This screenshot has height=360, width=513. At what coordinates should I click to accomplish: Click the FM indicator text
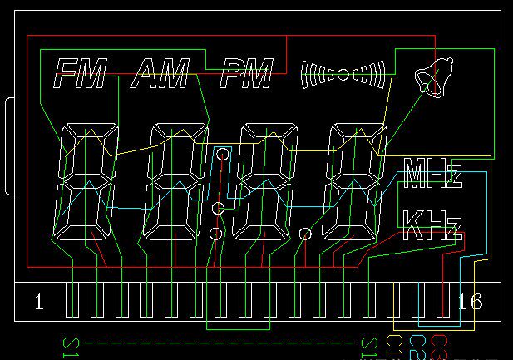tap(80, 75)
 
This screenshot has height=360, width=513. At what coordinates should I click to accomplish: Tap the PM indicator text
tap(246, 75)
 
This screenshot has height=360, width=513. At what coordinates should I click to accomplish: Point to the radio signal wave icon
tap(343, 74)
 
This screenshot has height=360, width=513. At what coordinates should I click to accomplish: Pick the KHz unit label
tap(431, 224)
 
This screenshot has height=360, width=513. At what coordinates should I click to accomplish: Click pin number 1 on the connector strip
tap(39, 301)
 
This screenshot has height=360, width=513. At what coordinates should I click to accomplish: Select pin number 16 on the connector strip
tap(471, 301)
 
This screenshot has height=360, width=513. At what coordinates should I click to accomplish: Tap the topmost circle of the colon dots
tap(222, 153)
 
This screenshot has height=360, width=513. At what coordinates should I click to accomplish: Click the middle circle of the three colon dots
tap(218, 208)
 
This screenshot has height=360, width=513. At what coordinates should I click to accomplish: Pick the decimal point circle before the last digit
tap(305, 234)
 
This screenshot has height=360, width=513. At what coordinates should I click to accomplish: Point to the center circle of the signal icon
tap(343, 74)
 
